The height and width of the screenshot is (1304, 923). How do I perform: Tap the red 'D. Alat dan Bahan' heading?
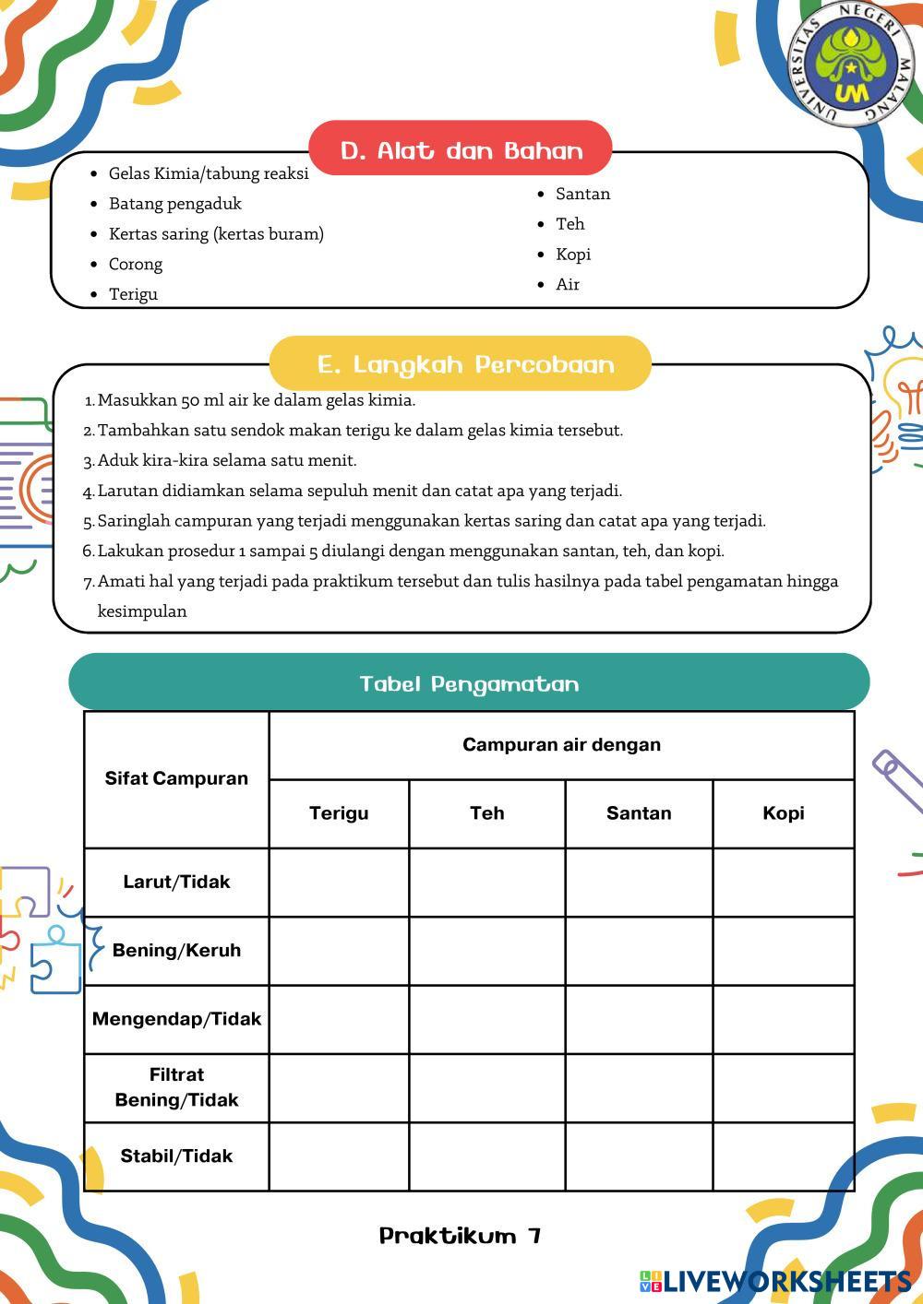pos(461,149)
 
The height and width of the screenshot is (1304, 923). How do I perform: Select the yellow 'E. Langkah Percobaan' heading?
pos(461,364)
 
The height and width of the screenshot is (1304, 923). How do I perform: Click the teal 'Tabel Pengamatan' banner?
pos(469,683)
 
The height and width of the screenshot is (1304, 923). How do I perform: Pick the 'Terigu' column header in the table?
pos(339,812)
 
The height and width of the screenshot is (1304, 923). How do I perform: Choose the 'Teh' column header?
pos(486,812)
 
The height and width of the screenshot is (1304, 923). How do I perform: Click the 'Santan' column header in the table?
pos(639,812)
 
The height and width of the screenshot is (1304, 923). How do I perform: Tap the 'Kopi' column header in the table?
pos(783,812)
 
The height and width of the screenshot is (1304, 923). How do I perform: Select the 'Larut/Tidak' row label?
pos(176,882)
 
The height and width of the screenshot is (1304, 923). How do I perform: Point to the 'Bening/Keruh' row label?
pos(176,950)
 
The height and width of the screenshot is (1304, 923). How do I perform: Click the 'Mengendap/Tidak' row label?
pos(176,1019)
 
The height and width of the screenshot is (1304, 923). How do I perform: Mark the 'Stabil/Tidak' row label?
pos(176,1156)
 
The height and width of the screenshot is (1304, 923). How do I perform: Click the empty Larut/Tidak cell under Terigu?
pos(339,883)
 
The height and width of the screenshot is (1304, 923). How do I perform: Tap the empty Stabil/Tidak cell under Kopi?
pos(783,1156)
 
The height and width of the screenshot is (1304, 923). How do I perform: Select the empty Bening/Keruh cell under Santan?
pos(639,951)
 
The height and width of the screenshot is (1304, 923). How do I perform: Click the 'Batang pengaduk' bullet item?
pos(175,204)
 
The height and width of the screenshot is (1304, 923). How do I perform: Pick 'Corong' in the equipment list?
pos(136,264)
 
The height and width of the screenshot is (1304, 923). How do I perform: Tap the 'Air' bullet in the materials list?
pos(568,284)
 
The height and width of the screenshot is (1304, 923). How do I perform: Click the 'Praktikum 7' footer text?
pos(460,1236)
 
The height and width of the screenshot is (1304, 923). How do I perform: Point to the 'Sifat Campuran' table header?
pos(176,778)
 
